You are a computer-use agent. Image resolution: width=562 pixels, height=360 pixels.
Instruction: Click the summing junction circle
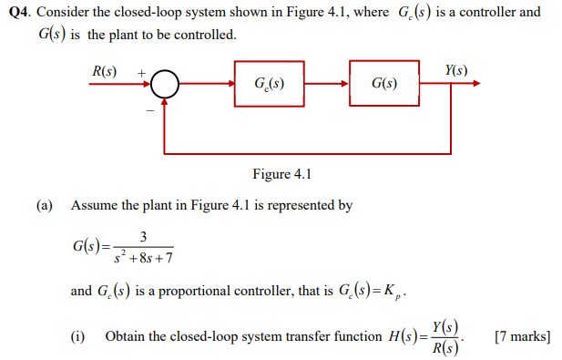164,85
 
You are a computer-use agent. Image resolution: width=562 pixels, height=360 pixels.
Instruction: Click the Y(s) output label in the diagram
456,70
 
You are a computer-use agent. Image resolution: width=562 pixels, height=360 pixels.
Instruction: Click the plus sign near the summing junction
141,71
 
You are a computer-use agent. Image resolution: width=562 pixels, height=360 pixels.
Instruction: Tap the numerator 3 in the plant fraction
144,236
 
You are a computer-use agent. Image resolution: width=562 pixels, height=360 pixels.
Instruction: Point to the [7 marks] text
522,336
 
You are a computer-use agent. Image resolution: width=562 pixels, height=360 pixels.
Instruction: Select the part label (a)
45,205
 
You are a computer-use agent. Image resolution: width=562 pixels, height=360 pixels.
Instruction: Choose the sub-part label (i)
77,336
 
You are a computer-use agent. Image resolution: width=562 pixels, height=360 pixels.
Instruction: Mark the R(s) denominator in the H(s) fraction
447,348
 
